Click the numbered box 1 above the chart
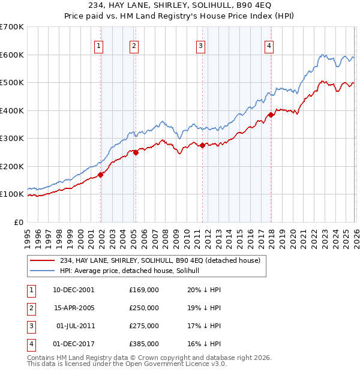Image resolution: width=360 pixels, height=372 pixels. pos(98,46)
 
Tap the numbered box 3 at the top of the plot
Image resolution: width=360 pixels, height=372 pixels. pos(200,46)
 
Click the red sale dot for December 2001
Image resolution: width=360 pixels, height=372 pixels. pos(101,175)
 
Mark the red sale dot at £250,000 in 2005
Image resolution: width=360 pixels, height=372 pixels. pos(136,152)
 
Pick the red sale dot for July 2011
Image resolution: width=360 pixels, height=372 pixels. pos(203,145)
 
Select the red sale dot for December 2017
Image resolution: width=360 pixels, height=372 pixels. pos(271,115)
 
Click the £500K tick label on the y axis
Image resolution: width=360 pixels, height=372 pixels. pos(11,82)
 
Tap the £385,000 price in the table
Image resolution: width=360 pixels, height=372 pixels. pos(143,344)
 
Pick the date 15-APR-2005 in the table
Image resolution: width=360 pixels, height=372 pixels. pos(74,307)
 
